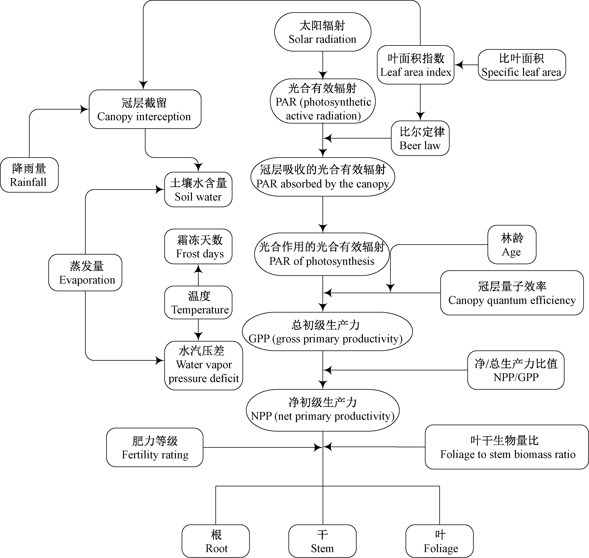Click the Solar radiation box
(x=323, y=32)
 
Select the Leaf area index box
(x=415, y=65)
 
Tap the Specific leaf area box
(x=522, y=65)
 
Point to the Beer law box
(x=420, y=138)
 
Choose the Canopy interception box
(x=145, y=109)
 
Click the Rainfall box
(x=29, y=175)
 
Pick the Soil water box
(x=198, y=189)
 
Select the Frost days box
(x=198, y=246)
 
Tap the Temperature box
(x=198, y=302)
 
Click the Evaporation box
(x=85, y=272)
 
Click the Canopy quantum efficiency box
(x=512, y=293)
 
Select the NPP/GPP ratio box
(x=516, y=370)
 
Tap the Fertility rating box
(x=155, y=447)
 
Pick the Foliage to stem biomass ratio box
(x=507, y=447)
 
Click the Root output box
(x=216, y=541)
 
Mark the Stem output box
(x=322, y=541)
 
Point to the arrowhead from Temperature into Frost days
(x=198, y=268)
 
